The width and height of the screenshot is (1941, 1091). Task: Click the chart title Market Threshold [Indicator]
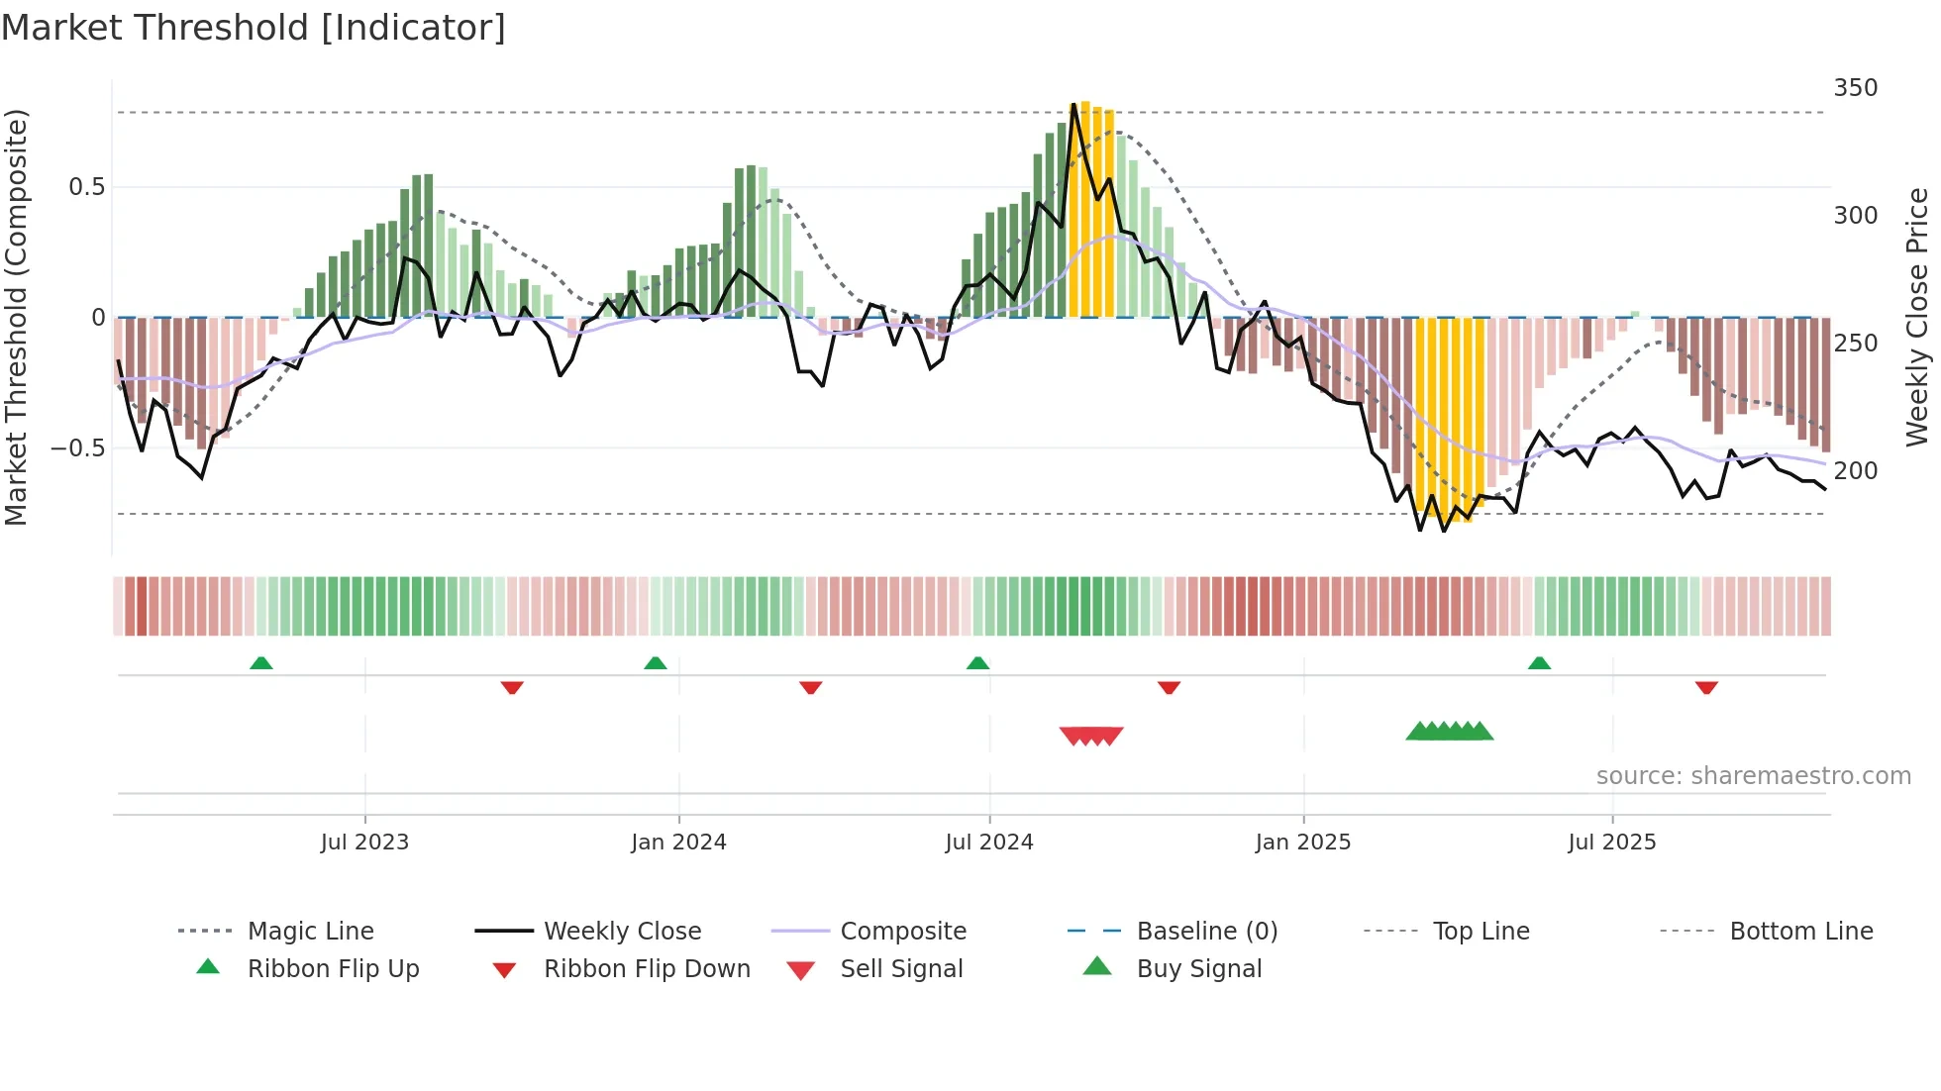(x=254, y=28)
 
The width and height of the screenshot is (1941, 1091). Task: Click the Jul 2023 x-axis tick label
(x=364, y=843)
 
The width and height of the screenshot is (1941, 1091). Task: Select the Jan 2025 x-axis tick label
(x=1302, y=843)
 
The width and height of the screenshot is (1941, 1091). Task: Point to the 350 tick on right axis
(x=1855, y=88)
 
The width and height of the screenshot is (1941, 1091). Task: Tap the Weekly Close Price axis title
(x=1917, y=317)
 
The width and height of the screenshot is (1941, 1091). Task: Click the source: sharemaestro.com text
(x=1753, y=776)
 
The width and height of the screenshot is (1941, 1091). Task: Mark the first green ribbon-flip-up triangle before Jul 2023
(x=261, y=663)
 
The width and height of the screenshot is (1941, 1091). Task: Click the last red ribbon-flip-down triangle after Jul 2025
(x=1705, y=687)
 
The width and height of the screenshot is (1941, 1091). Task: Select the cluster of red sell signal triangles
(x=1091, y=736)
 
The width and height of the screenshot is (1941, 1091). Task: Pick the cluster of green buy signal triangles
(x=1449, y=732)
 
